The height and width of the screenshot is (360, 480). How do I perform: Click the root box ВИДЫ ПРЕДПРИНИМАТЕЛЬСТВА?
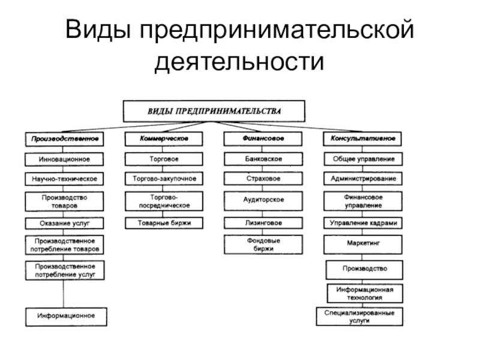point(214,111)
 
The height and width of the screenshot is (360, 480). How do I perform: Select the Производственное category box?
point(64,139)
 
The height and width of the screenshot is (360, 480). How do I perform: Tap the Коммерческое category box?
point(164,139)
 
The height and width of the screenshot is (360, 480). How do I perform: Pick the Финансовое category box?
point(263,139)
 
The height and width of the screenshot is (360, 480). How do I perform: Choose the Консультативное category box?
point(363,139)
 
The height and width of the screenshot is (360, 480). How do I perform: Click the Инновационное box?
point(64,159)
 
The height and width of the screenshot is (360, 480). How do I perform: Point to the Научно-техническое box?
point(64,179)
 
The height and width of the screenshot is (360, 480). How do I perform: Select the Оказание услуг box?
point(64,223)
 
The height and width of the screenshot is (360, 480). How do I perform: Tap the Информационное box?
point(64,316)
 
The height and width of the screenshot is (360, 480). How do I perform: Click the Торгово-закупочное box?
point(164,179)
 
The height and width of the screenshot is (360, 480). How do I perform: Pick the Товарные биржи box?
point(164,223)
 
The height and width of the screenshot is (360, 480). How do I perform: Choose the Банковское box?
point(263,159)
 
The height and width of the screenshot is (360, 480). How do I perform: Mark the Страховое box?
point(263,179)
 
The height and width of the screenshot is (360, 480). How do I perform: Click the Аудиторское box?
point(263,200)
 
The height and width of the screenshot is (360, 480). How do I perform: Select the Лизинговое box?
point(263,223)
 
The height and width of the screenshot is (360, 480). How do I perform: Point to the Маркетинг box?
point(363,245)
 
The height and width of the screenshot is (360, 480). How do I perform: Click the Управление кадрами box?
point(363,223)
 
